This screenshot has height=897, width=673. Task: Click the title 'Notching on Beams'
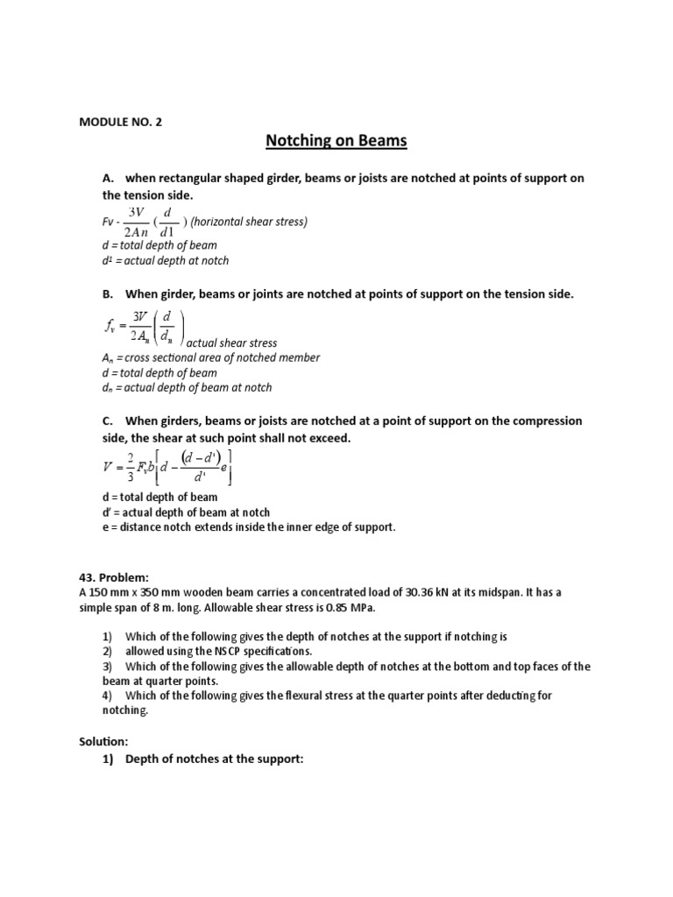(336, 140)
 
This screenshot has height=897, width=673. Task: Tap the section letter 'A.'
(109, 178)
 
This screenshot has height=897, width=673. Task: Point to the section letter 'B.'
(109, 293)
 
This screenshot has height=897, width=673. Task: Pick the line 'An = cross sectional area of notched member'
(211, 357)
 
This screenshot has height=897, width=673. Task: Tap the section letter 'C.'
(109, 420)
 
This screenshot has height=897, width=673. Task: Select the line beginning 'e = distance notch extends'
(249, 528)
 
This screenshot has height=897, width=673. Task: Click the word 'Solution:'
(103, 742)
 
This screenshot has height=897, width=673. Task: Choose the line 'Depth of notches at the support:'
(214, 759)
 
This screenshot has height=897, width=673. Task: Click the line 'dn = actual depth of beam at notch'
(187, 387)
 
